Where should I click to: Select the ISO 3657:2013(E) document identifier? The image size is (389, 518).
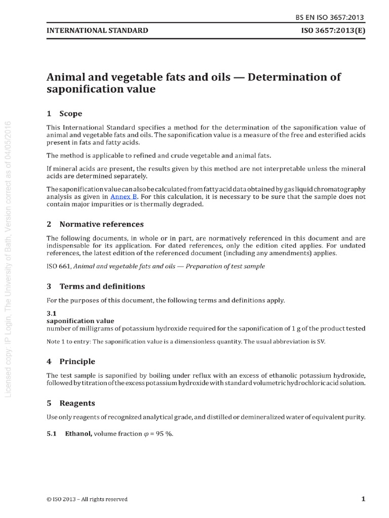332,30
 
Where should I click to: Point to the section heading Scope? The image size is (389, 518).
70,113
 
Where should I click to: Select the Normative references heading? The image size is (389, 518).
101,224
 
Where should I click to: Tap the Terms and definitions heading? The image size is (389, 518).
102,286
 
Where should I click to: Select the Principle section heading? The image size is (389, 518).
77,362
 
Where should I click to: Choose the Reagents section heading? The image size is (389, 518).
77,404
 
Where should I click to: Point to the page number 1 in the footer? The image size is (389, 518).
363,499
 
